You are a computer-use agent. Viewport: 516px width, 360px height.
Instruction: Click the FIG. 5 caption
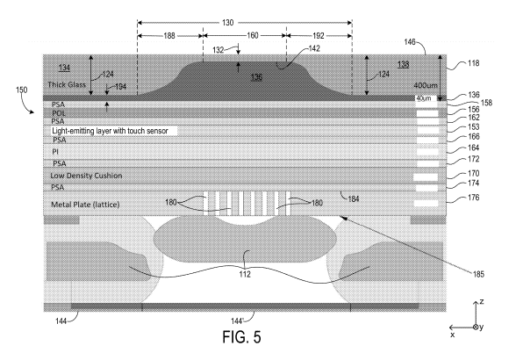tap(241, 337)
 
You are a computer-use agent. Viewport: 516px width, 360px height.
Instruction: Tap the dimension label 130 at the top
tap(228, 23)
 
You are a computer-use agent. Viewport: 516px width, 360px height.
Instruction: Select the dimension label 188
tap(169, 36)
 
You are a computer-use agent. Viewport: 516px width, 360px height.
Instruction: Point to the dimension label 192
tap(319, 36)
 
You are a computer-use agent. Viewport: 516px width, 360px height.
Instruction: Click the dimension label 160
tap(253, 36)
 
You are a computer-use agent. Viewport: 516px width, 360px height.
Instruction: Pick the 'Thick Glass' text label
tap(67, 84)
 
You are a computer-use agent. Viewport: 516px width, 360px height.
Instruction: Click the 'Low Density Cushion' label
tap(86, 176)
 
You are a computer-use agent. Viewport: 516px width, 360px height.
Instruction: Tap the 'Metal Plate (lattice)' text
tap(85, 205)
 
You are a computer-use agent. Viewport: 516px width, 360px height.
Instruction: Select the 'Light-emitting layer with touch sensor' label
tap(110, 131)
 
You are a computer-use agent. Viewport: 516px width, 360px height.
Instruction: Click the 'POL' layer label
tap(59, 113)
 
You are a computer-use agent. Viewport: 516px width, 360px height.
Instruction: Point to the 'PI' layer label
tap(55, 152)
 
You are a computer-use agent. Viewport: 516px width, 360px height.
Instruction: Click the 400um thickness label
tap(426, 85)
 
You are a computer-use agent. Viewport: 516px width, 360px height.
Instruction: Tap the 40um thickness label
tap(424, 98)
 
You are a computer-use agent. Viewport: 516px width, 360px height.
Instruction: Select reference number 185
tap(478, 274)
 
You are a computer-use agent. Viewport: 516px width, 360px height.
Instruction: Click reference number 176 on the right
tap(474, 198)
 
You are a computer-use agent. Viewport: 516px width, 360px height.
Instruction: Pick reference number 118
tap(474, 63)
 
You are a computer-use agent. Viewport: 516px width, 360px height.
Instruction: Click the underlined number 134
tap(64, 68)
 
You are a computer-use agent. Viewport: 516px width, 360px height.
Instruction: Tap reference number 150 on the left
tap(22, 90)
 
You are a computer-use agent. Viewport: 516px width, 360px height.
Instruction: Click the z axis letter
tap(482, 301)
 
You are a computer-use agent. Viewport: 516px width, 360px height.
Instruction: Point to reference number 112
tap(245, 274)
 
